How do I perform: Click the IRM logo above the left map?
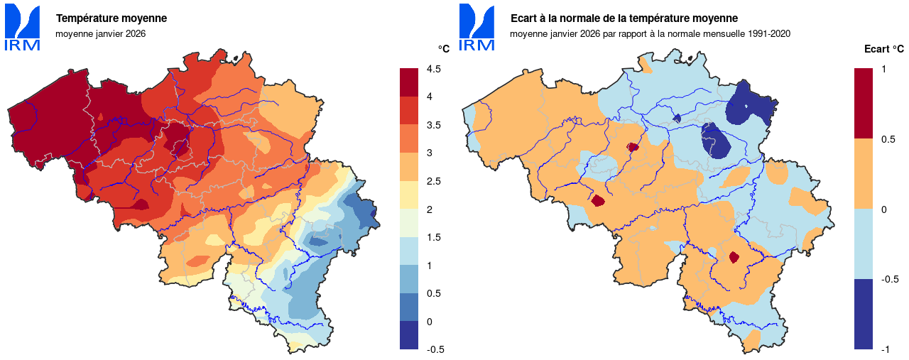click(23, 27)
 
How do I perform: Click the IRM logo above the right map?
click(477, 27)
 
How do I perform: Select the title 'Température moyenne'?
click(111, 18)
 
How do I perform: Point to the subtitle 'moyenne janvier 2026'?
click(100, 33)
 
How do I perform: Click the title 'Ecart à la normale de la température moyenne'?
click(624, 18)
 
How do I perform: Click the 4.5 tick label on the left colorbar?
click(433, 69)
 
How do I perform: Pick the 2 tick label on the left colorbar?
click(429, 209)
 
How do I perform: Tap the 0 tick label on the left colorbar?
click(429, 322)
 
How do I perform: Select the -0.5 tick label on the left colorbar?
click(435, 349)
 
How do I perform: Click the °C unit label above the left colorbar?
click(444, 49)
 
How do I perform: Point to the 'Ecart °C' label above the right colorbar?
click(883, 49)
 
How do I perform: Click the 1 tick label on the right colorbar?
click(883, 69)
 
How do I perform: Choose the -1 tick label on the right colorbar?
click(885, 349)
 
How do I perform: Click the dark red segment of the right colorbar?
click(864, 103)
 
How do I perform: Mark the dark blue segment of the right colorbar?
click(864, 314)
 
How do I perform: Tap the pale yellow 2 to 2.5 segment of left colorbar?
click(409, 195)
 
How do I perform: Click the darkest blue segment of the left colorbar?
click(409, 335)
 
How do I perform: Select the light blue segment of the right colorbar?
click(864, 244)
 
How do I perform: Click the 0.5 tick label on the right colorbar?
click(887, 139)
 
